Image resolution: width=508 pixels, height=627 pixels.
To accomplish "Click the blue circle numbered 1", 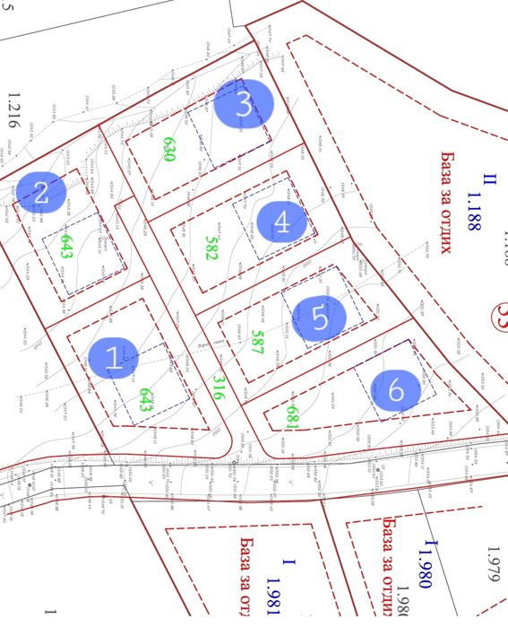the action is pos(112,358).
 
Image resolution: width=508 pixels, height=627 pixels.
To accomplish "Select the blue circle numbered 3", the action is pos(243,105).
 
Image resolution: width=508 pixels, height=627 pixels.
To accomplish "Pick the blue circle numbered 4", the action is pos(281,222).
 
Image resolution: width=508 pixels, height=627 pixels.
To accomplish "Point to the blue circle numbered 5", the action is pos(317,316).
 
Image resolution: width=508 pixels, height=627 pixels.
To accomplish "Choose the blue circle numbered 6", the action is pos(396,390).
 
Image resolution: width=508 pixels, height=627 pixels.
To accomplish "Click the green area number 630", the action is pos(168,148).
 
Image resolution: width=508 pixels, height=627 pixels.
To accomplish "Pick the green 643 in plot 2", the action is pos(65,246).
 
